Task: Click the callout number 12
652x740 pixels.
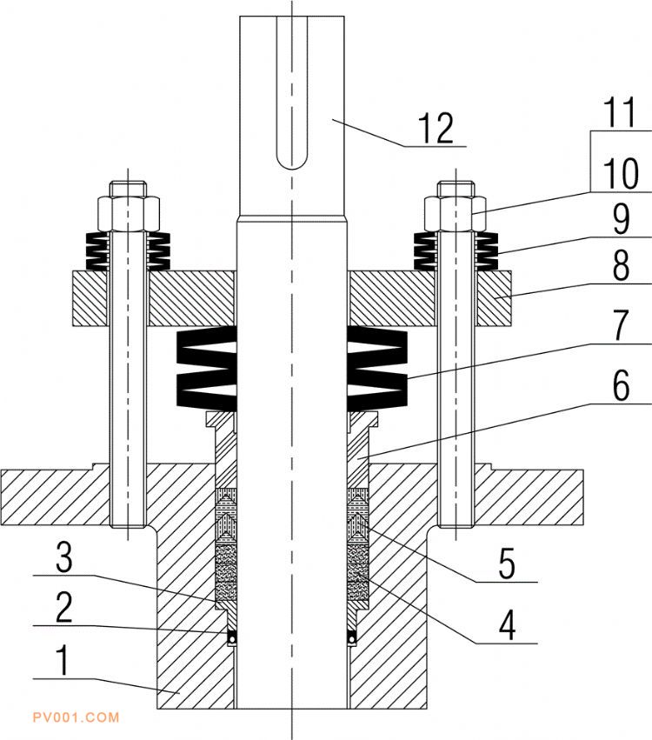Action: click(x=436, y=128)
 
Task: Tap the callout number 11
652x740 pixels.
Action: click(x=620, y=112)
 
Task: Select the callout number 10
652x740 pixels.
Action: click(x=621, y=173)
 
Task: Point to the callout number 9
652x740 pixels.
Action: click(x=622, y=219)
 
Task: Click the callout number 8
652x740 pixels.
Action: click(x=621, y=266)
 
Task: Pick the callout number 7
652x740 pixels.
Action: click(x=622, y=325)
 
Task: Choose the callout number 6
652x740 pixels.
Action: click(x=621, y=385)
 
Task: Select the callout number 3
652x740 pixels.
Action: click(x=64, y=557)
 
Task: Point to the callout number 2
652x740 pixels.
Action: click(x=64, y=607)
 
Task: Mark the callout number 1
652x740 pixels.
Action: click(x=63, y=660)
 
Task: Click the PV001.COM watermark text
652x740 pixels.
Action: click(x=76, y=717)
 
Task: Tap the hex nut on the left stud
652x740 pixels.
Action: click(x=128, y=214)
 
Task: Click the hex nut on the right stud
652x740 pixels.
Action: click(x=456, y=214)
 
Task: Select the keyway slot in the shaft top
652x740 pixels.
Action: click(x=292, y=93)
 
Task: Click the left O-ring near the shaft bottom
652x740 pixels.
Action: click(x=231, y=637)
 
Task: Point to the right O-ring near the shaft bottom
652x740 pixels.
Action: click(x=352, y=637)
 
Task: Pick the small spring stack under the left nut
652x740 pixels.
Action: click(x=128, y=251)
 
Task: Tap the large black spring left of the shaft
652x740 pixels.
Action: click(x=206, y=368)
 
